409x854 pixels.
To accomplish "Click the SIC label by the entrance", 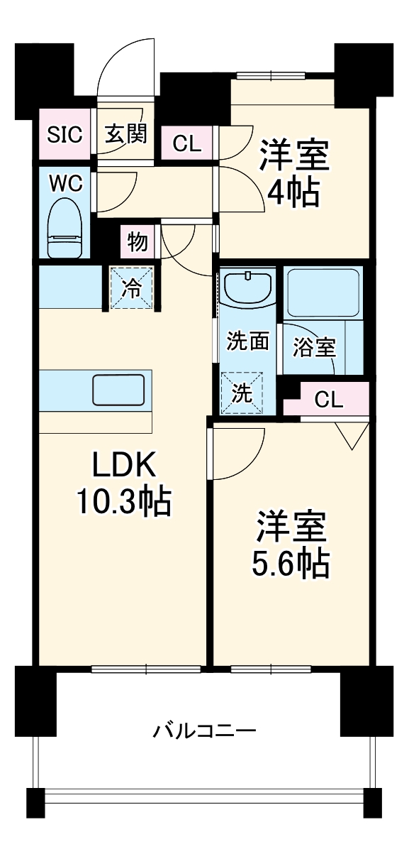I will click(x=65, y=133).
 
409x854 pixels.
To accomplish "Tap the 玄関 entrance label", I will click(x=125, y=133).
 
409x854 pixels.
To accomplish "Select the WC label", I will click(x=65, y=182).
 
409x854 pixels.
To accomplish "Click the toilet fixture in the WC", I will click(x=66, y=227).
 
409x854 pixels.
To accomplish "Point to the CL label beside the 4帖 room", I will click(x=188, y=144).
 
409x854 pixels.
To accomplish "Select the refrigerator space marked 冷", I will click(x=132, y=288).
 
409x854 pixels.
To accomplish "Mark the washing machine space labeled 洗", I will click(x=242, y=394).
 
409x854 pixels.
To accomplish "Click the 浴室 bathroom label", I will click(x=315, y=348).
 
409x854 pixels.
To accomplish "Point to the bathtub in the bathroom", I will click(x=323, y=291).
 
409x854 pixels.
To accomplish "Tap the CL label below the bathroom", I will click(x=328, y=400).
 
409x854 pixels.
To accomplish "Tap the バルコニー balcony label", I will click(x=204, y=730).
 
